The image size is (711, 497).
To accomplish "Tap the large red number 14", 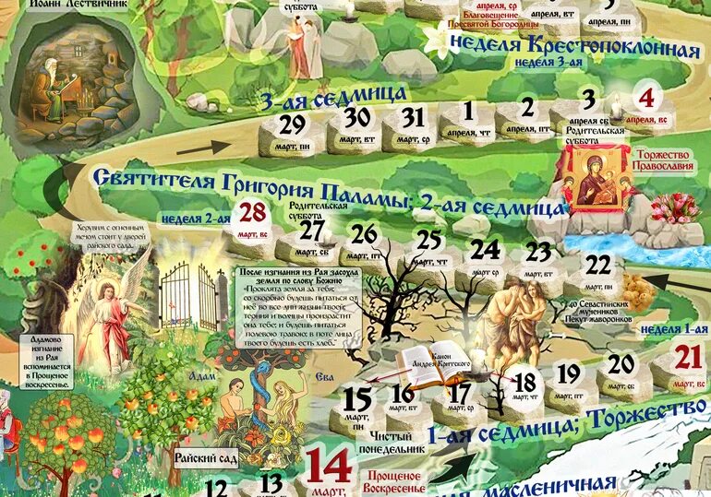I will tap(329, 466).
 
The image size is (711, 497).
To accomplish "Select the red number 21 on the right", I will tap(689, 356).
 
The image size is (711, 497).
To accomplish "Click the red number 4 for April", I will tap(646, 97).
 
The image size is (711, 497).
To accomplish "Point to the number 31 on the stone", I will tap(413, 118).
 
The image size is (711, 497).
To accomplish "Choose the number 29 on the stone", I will tap(293, 124).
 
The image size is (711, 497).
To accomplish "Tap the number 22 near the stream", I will tap(598, 266).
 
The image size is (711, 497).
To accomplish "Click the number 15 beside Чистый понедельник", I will tap(356, 399).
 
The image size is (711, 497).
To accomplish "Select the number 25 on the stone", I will tap(428, 241).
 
